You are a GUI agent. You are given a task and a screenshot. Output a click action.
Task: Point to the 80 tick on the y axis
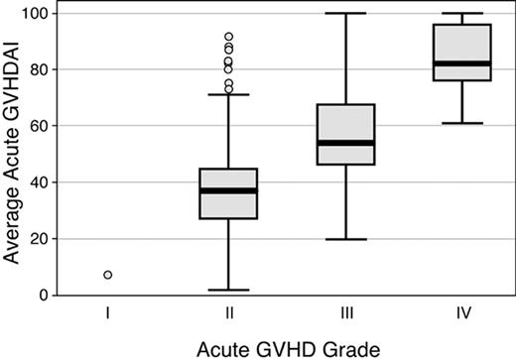(x=40, y=70)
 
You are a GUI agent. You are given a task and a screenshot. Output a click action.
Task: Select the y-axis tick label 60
(x=40, y=126)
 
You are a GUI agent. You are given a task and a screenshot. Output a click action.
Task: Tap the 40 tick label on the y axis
(x=40, y=182)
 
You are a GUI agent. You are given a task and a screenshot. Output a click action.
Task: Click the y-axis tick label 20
(x=40, y=239)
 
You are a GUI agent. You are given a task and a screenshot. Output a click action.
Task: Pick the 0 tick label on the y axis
(x=44, y=296)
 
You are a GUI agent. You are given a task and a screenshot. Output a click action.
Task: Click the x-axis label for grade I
(x=107, y=315)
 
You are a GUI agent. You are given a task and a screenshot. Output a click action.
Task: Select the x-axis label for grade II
(x=229, y=315)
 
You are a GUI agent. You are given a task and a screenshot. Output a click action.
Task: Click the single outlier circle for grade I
(x=107, y=275)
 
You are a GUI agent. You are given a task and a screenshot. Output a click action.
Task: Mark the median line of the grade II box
(x=229, y=190)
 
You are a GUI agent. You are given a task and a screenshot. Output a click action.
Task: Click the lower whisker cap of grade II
(x=229, y=290)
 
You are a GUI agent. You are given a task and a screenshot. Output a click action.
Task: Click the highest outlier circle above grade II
(x=229, y=37)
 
